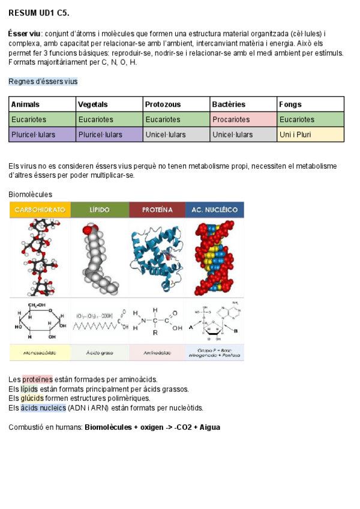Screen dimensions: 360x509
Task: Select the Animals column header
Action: tap(25, 104)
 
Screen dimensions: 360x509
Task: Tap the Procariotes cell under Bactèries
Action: tap(231, 119)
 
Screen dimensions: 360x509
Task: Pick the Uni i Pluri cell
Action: tap(294, 134)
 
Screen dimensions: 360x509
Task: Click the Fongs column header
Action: tap(290, 104)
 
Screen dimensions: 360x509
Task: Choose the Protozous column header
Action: tap(163, 104)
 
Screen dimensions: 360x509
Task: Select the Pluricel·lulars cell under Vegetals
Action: tap(100, 134)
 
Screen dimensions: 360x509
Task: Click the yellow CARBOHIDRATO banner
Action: tap(40, 209)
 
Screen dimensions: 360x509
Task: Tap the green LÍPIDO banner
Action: tap(100, 209)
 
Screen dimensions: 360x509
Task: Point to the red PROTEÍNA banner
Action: tap(157, 209)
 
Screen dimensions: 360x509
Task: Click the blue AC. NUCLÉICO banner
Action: tap(215, 209)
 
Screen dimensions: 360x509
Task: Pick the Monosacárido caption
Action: tap(40, 352)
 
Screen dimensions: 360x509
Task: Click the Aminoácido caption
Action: tap(157, 352)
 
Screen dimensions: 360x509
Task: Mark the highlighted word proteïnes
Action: tap(38, 379)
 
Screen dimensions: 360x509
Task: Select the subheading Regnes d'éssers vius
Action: tap(43, 81)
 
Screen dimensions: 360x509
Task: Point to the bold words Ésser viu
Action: tap(25, 34)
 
